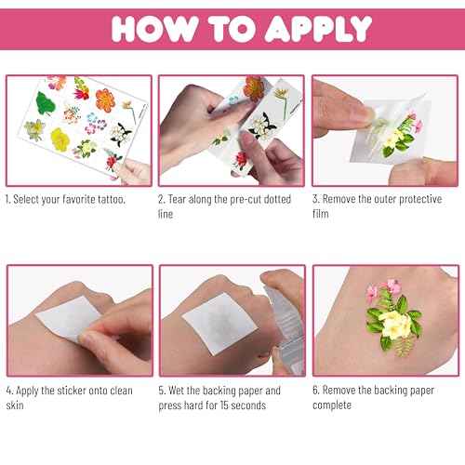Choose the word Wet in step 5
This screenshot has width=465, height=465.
point(179,391)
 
